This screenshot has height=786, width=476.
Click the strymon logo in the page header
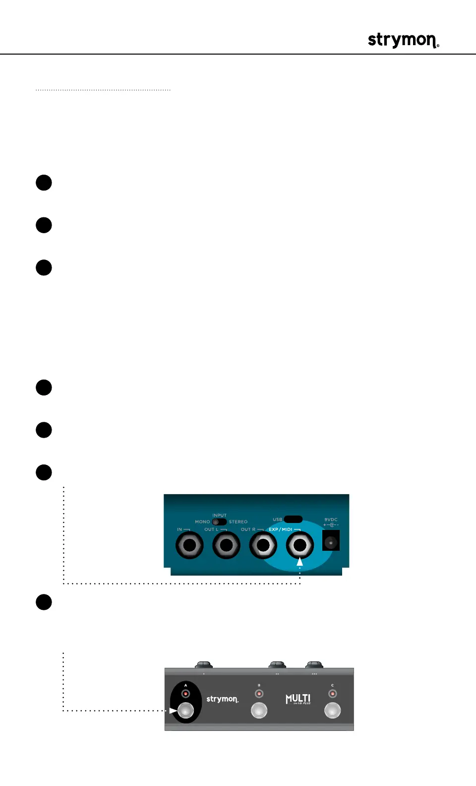tap(403, 40)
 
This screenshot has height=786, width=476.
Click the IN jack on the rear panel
tap(189, 545)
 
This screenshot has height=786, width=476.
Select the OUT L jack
tap(226, 545)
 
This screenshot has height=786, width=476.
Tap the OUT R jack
tap(263, 545)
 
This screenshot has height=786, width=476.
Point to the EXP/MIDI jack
tap(299, 545)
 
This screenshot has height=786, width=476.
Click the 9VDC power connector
tap(331, 541)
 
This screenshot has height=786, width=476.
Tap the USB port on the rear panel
tap(293, 519)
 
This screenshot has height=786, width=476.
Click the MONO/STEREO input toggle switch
tap(219, 522)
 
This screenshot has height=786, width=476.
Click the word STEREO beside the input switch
tap(238, 522)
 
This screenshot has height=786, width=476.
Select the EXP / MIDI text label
tap(281, 529)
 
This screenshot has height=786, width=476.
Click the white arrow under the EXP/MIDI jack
tap(299, 562)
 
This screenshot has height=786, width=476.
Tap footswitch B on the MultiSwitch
tap(259, 711)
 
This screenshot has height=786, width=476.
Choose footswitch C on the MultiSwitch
tap(332, 711)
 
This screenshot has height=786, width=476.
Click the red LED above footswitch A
tap(185, 694)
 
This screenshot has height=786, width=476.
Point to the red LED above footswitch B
tap(259, 694)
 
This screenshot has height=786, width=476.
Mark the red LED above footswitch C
tap(332, 694)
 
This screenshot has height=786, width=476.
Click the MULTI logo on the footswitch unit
tap(298, 699)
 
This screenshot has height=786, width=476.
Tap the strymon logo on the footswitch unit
tap(222, 699)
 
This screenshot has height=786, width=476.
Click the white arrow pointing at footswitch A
tap(173, 711)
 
